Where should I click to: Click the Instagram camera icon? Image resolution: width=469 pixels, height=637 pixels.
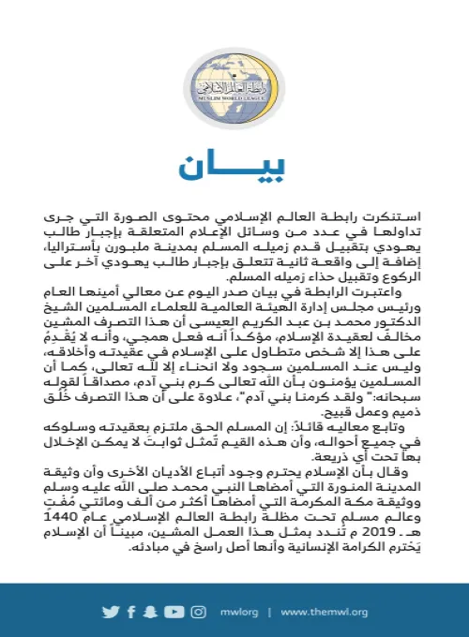coord(198,612)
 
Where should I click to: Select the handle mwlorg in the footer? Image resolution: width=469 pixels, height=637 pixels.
coord(235,612)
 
